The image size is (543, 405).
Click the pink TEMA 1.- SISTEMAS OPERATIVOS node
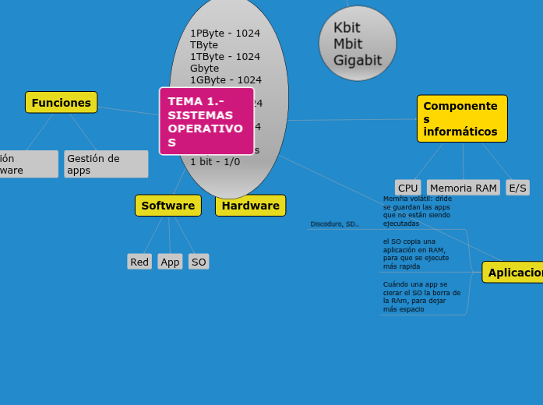206,121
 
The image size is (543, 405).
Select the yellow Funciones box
61,103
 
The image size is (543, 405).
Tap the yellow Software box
167,206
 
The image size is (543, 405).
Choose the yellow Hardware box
250,206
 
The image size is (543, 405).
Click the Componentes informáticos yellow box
461,118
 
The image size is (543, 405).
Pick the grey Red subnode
139,262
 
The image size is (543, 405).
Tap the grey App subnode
170,262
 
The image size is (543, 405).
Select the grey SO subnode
199,262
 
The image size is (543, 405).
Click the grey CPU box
407,188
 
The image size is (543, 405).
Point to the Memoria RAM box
463,188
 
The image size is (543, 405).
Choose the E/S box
517,188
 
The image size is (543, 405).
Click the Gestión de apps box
106,164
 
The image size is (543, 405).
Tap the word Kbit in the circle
347,28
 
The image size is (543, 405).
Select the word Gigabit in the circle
358,60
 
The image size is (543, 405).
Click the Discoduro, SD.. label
334,224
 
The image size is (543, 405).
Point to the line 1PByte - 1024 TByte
224,39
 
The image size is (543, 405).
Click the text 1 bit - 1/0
215,161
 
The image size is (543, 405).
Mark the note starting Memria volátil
418,211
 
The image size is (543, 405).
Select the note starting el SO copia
416,254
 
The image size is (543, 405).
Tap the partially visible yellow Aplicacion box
513,273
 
